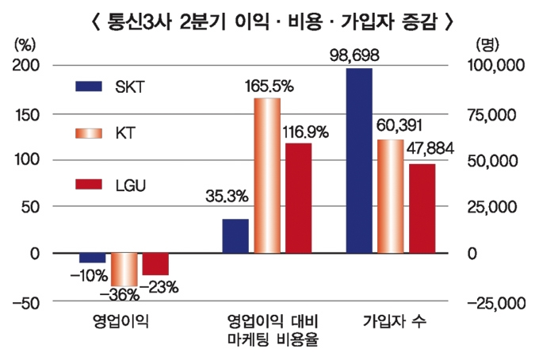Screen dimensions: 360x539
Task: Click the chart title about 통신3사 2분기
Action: tap(269, 20)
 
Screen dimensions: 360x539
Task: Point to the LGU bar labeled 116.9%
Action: tap(298, 198)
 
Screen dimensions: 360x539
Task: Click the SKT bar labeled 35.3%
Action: tap(235, 236)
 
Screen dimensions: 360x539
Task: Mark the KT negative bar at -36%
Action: tap(124, 270)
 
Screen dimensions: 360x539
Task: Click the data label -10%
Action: tap(85, 275)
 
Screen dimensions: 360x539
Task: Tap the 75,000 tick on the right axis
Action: tap(494, 115)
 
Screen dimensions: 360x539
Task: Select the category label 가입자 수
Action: tap(392, 324)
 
